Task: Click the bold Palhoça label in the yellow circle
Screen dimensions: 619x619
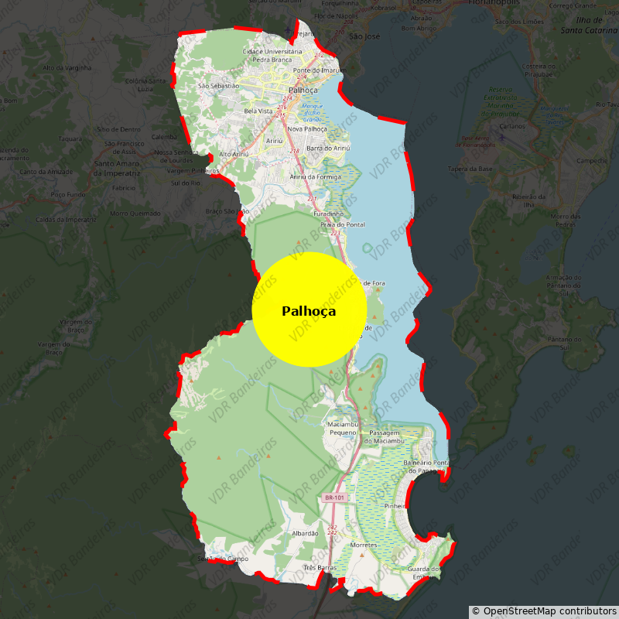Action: tap(309, 311)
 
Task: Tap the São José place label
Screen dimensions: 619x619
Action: tap(364, 36)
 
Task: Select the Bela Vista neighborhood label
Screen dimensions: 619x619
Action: tap(258, 111)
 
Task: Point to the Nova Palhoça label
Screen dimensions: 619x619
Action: tap(307, 128)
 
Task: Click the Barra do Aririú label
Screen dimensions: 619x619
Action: tap(329, 148)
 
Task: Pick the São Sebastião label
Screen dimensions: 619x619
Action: tap(218, 86)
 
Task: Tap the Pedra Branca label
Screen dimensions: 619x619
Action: tap(272, 60)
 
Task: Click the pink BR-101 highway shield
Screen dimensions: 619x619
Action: tap(335, 498)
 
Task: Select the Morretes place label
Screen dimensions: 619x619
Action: tap(364, 545)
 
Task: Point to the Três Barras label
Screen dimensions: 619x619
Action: tap(320, 567)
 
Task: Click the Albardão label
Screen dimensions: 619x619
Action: tap(305, 533)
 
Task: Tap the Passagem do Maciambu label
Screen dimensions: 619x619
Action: tap(386, 436)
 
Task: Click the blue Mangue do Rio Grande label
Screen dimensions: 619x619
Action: tap(312, 112)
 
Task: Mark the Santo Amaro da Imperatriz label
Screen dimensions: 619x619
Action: tap(116, 168)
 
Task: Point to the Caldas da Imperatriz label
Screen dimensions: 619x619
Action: tap(66, 219)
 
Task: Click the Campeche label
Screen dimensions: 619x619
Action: tap(592, 161)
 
